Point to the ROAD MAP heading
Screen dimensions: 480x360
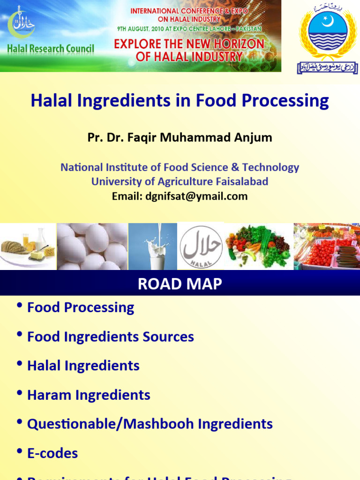pyautogui.click(x=180, y=284)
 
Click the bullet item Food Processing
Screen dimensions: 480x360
pyautogui.click(x=81, y=307)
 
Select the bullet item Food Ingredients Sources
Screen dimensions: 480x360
pyautogui.click(x=111, y=337)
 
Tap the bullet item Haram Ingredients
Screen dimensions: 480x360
pyautogui.click(x=89, y=395)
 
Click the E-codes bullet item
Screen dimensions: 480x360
pyautogui.click(x=52, y=453)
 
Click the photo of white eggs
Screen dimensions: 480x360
pyautogui.click(x=92, y=247)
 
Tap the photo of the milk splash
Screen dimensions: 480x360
pyautogui.click(x=153, y=247)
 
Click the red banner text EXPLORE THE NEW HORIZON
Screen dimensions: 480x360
pyautogui.click(x=189, y=44)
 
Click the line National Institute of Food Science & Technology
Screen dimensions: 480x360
pyautogui.click(x=180, y=167)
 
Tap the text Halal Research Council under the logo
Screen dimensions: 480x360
pyautogui.click(x=51, y=49)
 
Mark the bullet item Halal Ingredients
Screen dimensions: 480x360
pyautogui.click(x=83, y=366)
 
